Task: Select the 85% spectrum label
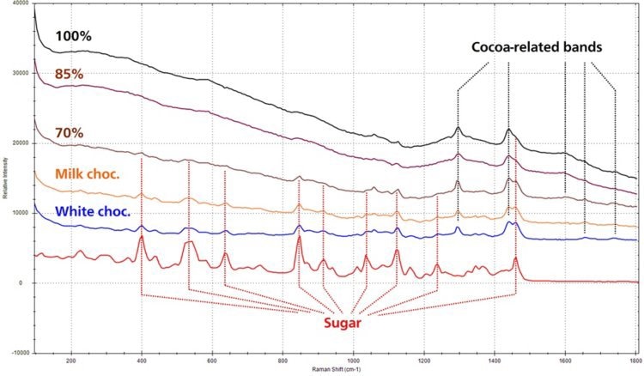click(x=69, y=75)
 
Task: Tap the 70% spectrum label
click(x=69, y=134)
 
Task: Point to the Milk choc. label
click(x=87, y=173)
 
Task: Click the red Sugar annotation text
click(x=342, y=323)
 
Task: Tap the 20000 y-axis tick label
click(x=19, y=143)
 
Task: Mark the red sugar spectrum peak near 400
click(x=141, y=237)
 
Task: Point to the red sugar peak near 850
click(x=299, y=237)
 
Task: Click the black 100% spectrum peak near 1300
click(x=458, y=128)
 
